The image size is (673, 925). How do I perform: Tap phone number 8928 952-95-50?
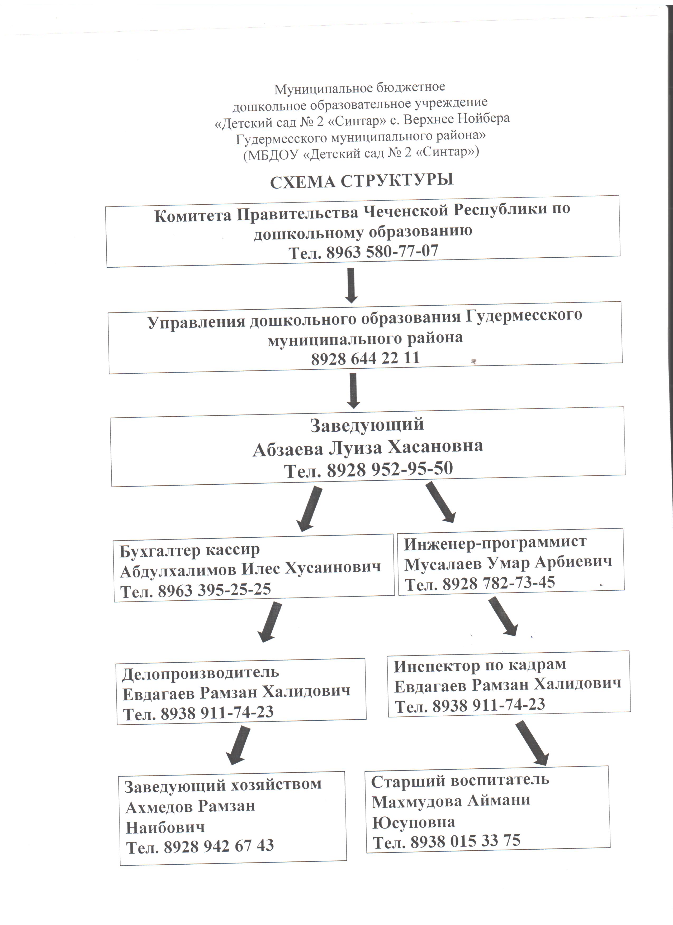(x=390, y=469)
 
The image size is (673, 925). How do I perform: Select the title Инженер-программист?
(x=495, y=542)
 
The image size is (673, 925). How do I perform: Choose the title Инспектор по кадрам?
(x=480, y=665)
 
